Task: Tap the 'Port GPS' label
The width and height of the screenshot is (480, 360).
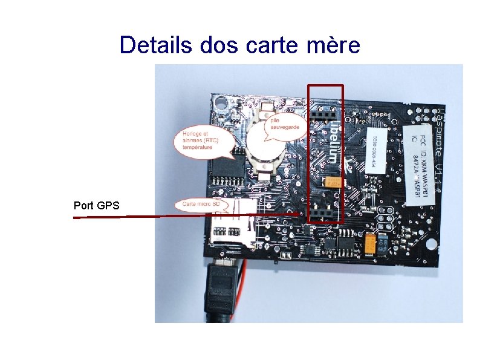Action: click(x=96, y=206)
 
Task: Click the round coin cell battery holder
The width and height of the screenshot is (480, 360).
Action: click(x=264, y=145)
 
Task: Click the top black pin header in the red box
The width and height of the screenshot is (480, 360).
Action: click(x=324, y=114)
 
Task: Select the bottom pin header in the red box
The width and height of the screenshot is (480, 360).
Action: click(x=325, y=215)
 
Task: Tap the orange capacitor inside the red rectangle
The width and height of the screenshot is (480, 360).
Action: click(x=333, y=182)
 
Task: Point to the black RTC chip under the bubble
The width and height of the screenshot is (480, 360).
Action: click(x=225, y=166)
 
